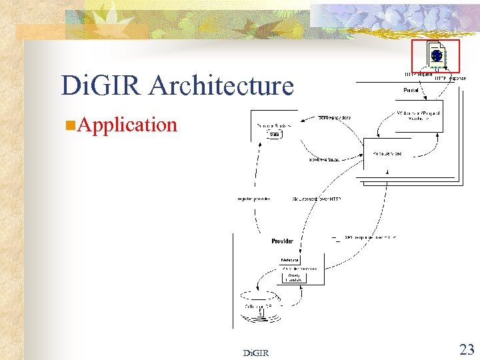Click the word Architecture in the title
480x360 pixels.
pyautogui.click(x=222, y=86)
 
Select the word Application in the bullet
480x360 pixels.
pyautogui.click(x=127, y=125)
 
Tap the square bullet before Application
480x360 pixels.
pyautogui.click(x=70, y=125)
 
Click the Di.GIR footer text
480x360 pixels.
pyautogui.click(x=256, y=353)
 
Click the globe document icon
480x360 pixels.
pyautogui.click(x=435, y=56)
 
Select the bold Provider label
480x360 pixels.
pyautogui.click(x=282, y=241)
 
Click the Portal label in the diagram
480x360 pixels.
pyautogui.click(x=411, y=89)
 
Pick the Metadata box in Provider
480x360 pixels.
pyautogui.click(x=290, y=260)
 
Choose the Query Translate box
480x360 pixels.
pyautogui.click(x=294, y=277)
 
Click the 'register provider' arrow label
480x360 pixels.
pyautogui.click(x=253, y=199)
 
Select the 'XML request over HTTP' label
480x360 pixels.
pyautogui.click(x=317, y=199)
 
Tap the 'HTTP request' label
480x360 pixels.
pyautogui.click(x=418, y=74)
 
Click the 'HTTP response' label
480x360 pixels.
pyautogui.click(x=451, y=79)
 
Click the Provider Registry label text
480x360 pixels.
pyautogui.click(x=273, y=125)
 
